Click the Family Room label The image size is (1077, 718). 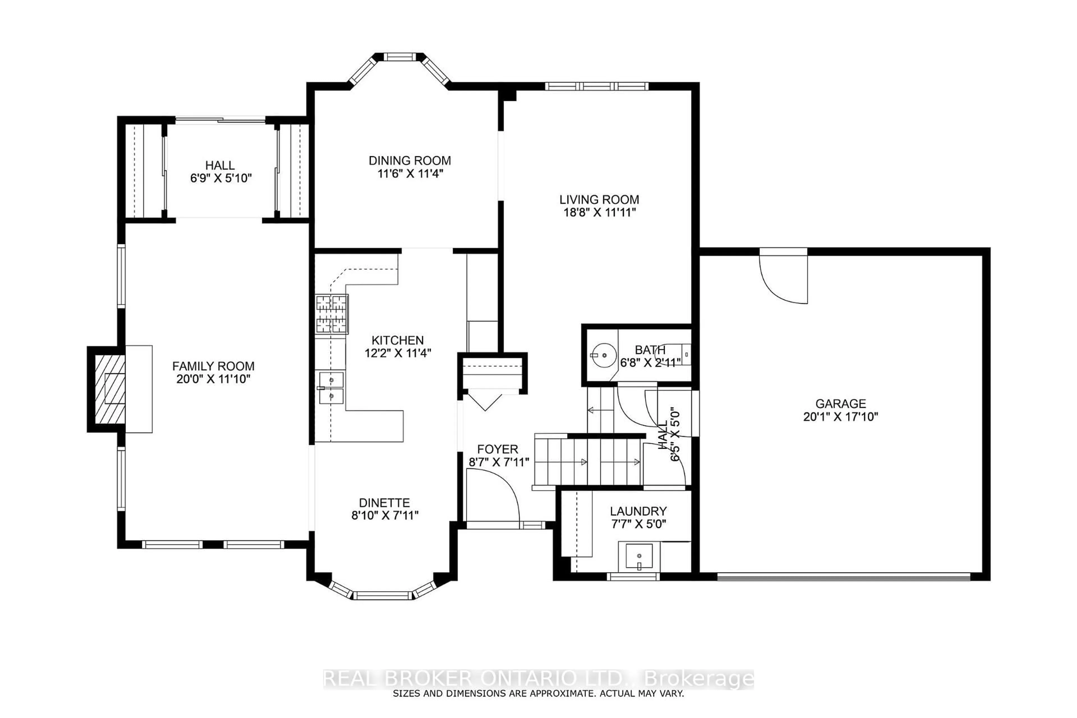[x=213, y=366]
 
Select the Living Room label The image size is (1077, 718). [x=599, y=200]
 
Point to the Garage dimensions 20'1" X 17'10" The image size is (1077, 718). [x=841, y=417]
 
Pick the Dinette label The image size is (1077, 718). [x=384, y=503]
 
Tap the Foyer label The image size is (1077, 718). [x=498, y=449]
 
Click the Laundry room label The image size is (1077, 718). [x=638, y=511]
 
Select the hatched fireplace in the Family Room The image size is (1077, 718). [x=110, y=389]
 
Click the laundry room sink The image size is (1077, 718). [x=639, y=557]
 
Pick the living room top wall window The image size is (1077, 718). [x=597, y=86]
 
